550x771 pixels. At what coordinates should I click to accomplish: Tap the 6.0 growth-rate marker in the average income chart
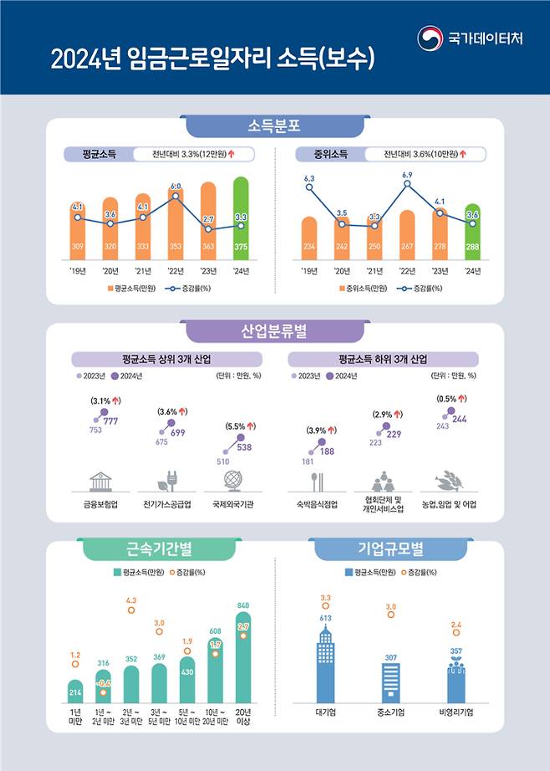[x=176, y=197]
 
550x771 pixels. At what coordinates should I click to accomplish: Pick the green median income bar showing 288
[x=471, y=231]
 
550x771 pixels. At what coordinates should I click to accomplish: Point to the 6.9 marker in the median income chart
[x=407, y=185]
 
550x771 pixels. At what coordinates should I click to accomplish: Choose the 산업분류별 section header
[x=274, y=332]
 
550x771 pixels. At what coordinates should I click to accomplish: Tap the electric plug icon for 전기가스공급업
[x=166, y=482]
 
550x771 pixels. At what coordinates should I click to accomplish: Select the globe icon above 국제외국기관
[x=232, y=481]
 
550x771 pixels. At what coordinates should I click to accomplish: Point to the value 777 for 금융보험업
[x=110, y=421]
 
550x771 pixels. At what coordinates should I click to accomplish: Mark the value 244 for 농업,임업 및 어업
[x=460, y=418]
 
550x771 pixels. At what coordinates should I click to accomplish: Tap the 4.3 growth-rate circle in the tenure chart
[x=131, y=610]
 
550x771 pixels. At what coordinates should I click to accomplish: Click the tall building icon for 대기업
[x=326, y=665]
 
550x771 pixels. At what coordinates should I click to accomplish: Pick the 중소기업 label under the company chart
[x=390, y=712]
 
